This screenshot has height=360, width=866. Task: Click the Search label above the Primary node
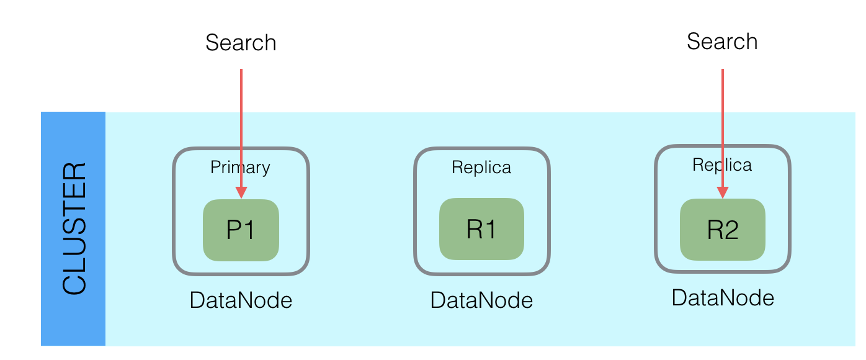[x=241, y=43]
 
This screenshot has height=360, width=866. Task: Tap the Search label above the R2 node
[x=722, y=42]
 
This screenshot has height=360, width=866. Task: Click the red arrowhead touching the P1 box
[x=241, y=192]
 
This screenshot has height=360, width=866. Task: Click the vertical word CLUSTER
[x=74, y=228]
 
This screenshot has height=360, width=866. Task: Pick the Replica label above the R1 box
[x=481, y=168]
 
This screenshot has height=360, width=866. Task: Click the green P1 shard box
[x=241, y=236]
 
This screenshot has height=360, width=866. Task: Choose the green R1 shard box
[x=481, y=229]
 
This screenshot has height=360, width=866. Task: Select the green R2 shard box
[x=723, y=236]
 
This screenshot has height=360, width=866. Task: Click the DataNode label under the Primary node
[x=241, y=300]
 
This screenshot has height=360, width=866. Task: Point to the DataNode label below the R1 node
[x=481, y=300]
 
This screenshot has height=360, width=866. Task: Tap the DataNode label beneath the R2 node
[x=723, y=298]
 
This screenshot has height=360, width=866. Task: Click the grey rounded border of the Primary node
[x=174, y=211]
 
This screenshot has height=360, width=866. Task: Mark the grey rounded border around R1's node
[x=415, y=211]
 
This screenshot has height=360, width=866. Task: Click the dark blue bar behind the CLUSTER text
[x=73, y=323]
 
